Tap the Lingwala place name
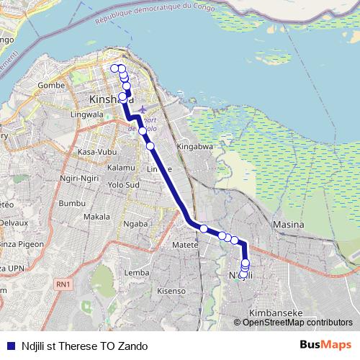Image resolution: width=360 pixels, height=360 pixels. tap(89, 114)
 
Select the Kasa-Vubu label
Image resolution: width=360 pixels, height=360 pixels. tap(96, 153)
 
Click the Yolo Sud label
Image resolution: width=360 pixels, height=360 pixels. tap(122, 184)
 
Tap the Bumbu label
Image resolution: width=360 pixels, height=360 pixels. tap(72, 204)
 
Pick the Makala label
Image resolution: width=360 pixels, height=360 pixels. tap(96, 217)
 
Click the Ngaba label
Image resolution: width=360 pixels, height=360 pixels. tap(137, 223)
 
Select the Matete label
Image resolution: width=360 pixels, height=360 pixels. tap(185, 245)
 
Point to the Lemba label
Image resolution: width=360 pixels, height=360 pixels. tap(136, 273)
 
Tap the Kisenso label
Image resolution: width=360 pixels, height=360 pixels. tap(171, 291)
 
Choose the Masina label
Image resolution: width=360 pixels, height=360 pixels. tap(288, 225)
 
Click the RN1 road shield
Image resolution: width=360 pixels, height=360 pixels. tap(63, 284)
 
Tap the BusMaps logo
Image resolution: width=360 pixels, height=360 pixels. tap(325, 345)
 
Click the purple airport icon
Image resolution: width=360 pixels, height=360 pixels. tap(141, 109)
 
